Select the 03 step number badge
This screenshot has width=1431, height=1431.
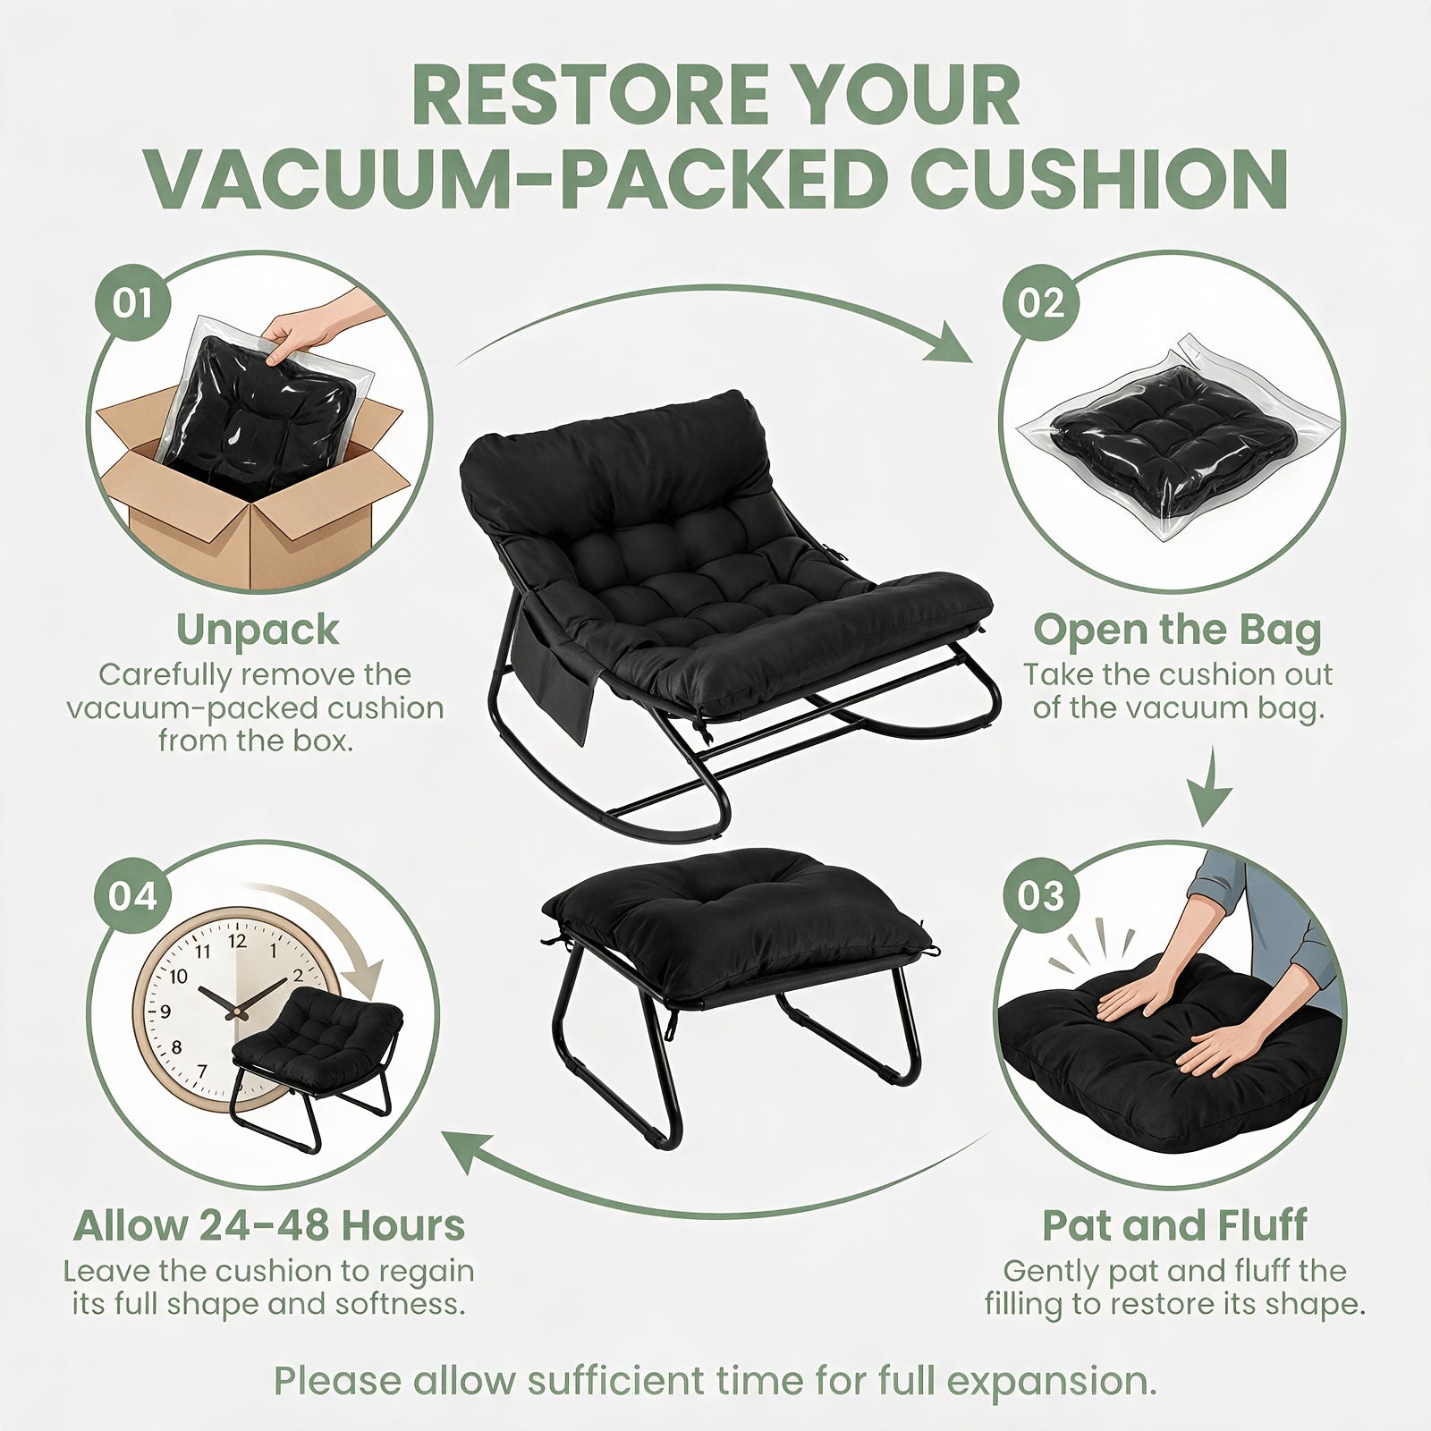(1041, 895)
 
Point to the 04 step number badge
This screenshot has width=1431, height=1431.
(132, 895)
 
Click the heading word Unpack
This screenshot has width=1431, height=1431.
(258, 631)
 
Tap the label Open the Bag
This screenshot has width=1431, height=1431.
(1177, 631)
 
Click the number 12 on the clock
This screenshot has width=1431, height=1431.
(237, 941)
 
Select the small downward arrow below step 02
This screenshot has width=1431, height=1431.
(1212, 787)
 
